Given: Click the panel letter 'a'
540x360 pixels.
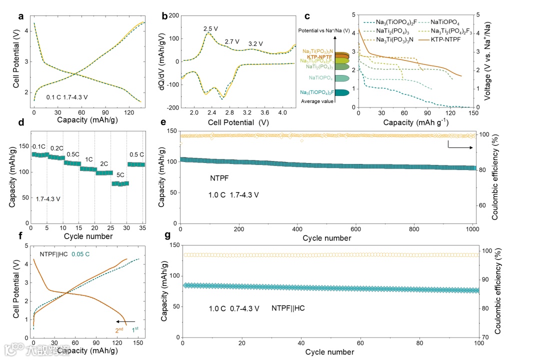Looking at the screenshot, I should (x=21, y=16).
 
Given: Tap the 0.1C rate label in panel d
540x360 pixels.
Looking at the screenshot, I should (x=39, y=146).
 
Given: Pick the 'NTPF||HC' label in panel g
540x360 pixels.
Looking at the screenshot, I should (x=288, y=308).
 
